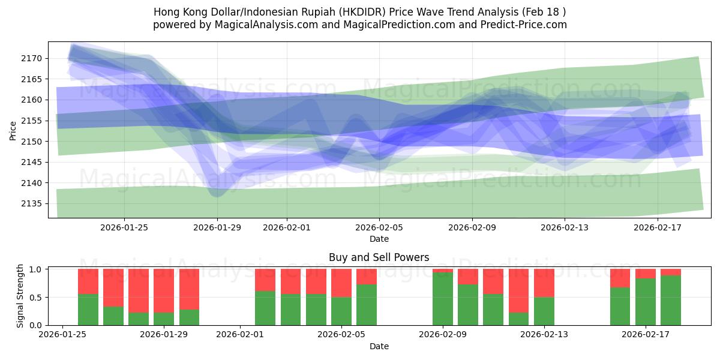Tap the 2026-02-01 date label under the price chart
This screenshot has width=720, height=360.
tap(286, 227)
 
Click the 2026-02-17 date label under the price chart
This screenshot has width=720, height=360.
tap(658, 227)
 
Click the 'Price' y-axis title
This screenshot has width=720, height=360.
tap(13, 130)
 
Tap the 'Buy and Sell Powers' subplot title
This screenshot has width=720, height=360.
tap(379, 257)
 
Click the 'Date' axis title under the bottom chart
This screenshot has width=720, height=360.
tap(379, 346)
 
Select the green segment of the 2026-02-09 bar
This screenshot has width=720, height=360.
tap(443, 299)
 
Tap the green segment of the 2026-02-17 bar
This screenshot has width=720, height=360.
tap(646, 302)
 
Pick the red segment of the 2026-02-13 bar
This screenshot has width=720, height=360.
tap(544, 283)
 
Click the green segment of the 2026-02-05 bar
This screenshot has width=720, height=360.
tap(341, 311)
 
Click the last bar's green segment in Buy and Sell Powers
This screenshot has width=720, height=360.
tap(671, 300)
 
